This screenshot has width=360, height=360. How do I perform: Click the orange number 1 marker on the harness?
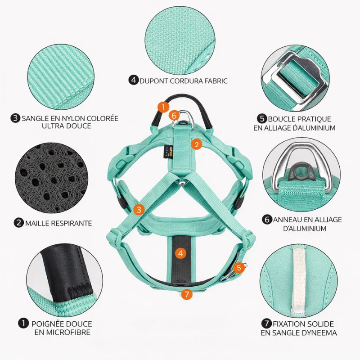(163, 107)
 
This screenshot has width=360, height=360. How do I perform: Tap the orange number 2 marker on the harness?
(197, 144)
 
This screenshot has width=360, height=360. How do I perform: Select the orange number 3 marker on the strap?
(139, 210)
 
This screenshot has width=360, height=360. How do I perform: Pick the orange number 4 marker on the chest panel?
(181, 253)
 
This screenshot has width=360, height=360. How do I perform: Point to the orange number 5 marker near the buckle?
(239, 268)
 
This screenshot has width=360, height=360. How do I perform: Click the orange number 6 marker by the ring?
(174, 115)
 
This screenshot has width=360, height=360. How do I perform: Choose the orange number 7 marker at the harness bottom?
(186, 294)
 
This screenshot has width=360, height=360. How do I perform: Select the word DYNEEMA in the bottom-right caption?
(318, 333)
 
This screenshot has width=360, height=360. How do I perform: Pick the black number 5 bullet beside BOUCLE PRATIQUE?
(262, 119)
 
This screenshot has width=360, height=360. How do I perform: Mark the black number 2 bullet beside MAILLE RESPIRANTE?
(18, 223)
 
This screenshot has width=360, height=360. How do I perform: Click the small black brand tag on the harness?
(166, 152)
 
